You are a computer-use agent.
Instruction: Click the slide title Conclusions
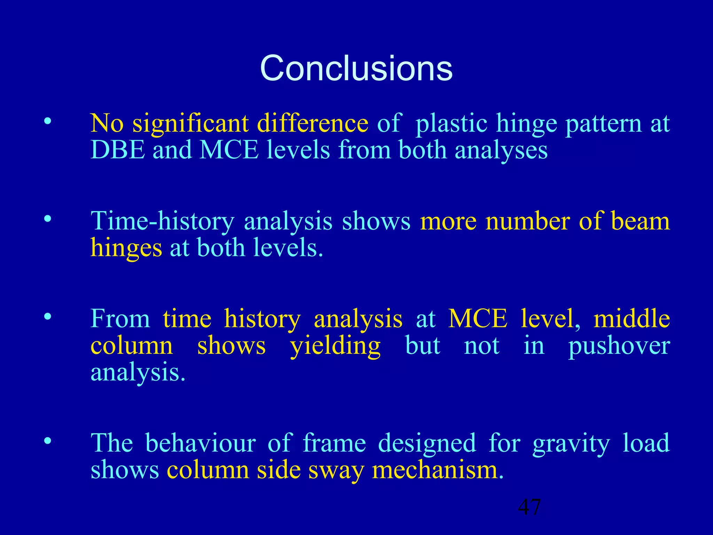tap(356, 68)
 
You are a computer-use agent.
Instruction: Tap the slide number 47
tap(529, 507)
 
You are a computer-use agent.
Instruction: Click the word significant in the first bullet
tap(190, 124)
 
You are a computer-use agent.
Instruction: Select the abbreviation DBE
tap(117, 150)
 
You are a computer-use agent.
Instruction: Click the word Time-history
tap(163, 222)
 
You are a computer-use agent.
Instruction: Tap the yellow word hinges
tap(126, 248)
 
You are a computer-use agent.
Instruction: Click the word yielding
tap(335, 346)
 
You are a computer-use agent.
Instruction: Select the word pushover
tap(619, 346)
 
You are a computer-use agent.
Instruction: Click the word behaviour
tap(201, 443)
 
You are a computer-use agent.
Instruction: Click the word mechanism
tap(438, 470)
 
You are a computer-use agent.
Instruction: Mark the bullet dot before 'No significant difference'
tap(48, 122)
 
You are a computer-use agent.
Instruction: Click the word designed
tap(427, 443)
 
